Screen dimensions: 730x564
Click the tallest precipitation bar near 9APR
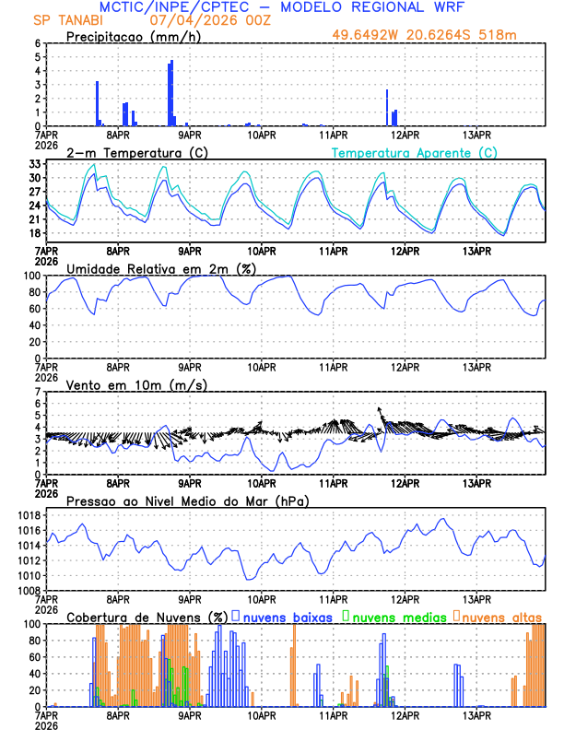click(x=171, y=92)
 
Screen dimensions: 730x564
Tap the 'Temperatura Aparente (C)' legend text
click(x=414, y=152)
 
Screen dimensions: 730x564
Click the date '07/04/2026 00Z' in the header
click(x=196, y=19)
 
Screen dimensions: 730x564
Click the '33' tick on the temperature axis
click(x=34, y=164)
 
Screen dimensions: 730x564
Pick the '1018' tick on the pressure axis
click(x=28, y=515)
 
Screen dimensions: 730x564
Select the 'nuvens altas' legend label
click(x=502, y=617)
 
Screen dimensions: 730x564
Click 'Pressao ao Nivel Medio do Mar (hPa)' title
click(x=187, y=500)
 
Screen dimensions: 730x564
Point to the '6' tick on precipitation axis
click(x=37, y=43)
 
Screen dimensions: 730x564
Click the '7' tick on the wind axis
click(x=37, y=392)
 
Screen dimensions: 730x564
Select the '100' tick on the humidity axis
click(x=30, y=276)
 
